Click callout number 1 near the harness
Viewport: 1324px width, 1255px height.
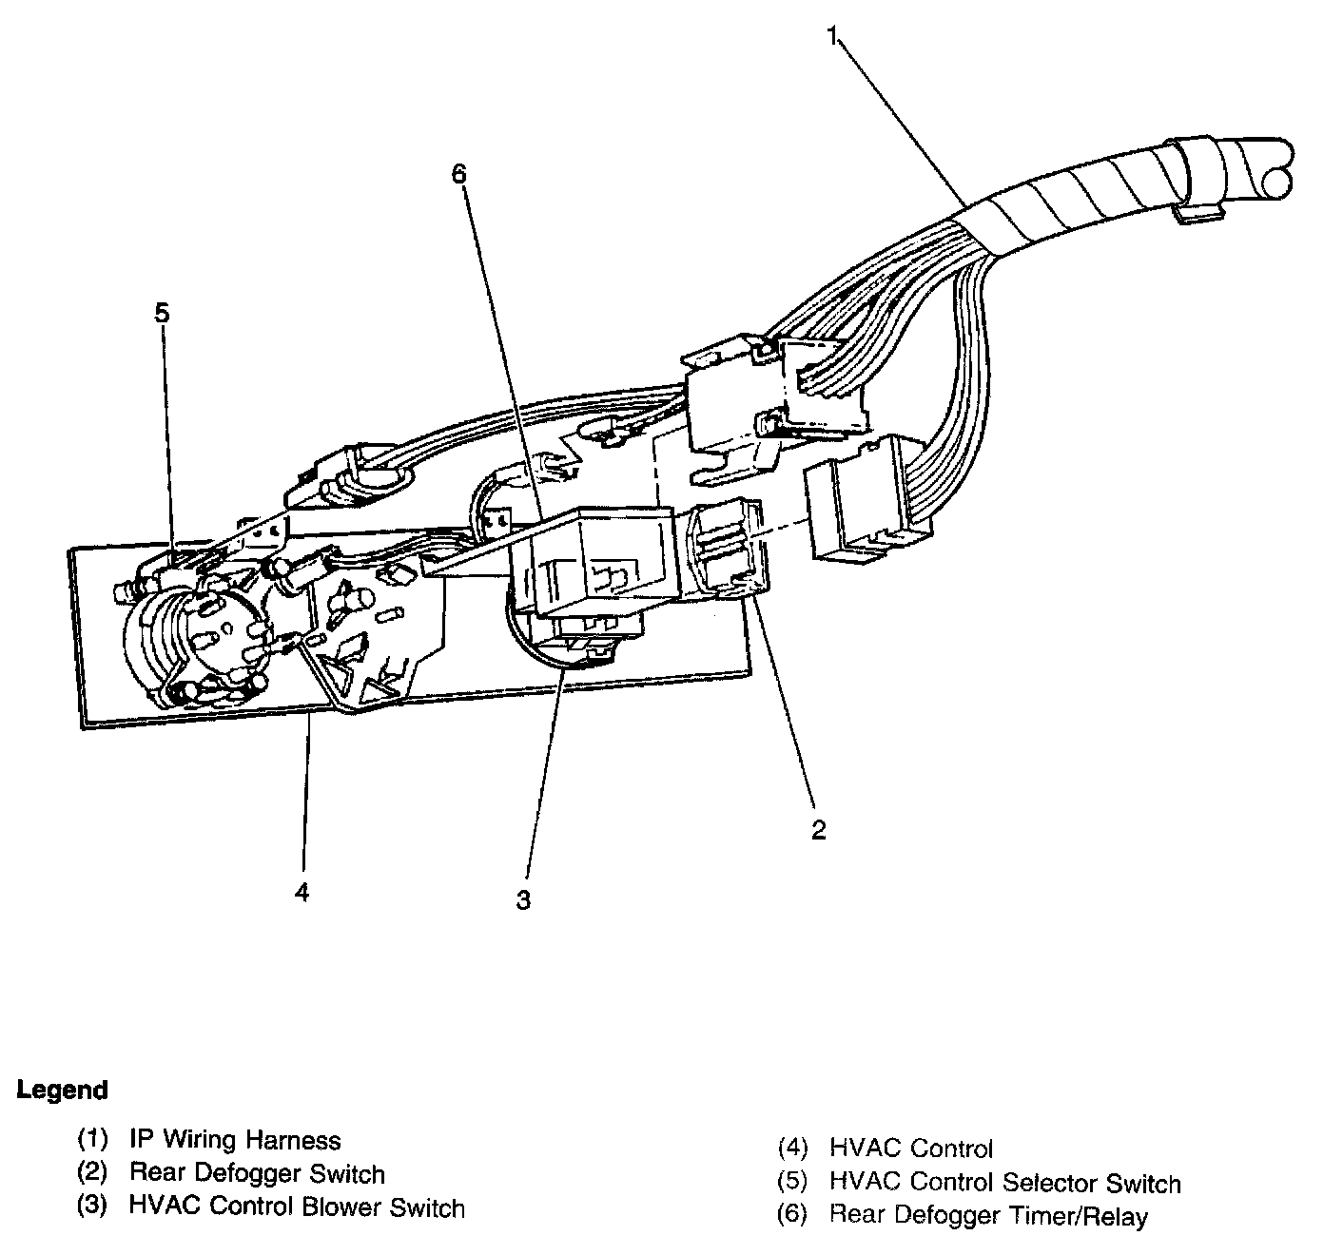[831, 37]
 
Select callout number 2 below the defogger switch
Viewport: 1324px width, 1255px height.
[819, 829]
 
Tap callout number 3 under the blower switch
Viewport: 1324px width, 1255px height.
[524, 899]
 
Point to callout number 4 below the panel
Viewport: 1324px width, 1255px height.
[302, 892]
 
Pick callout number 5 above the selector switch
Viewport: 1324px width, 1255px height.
[163, 313]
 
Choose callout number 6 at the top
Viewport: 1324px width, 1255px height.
[459, 174]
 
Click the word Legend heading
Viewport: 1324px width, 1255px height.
[63, 1090]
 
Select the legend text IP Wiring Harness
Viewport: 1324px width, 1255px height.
[235, 1139]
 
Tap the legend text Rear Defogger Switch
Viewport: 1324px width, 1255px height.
[257, 1174]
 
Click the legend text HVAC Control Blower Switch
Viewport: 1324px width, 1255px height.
[297, 1207]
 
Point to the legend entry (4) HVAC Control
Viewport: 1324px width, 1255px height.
[886, 1149]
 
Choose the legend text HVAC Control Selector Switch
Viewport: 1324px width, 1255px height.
[1004, 1183]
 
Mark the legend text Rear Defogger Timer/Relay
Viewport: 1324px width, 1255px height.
[988, 1215]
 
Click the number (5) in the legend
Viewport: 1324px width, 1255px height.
[793, 1183]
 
